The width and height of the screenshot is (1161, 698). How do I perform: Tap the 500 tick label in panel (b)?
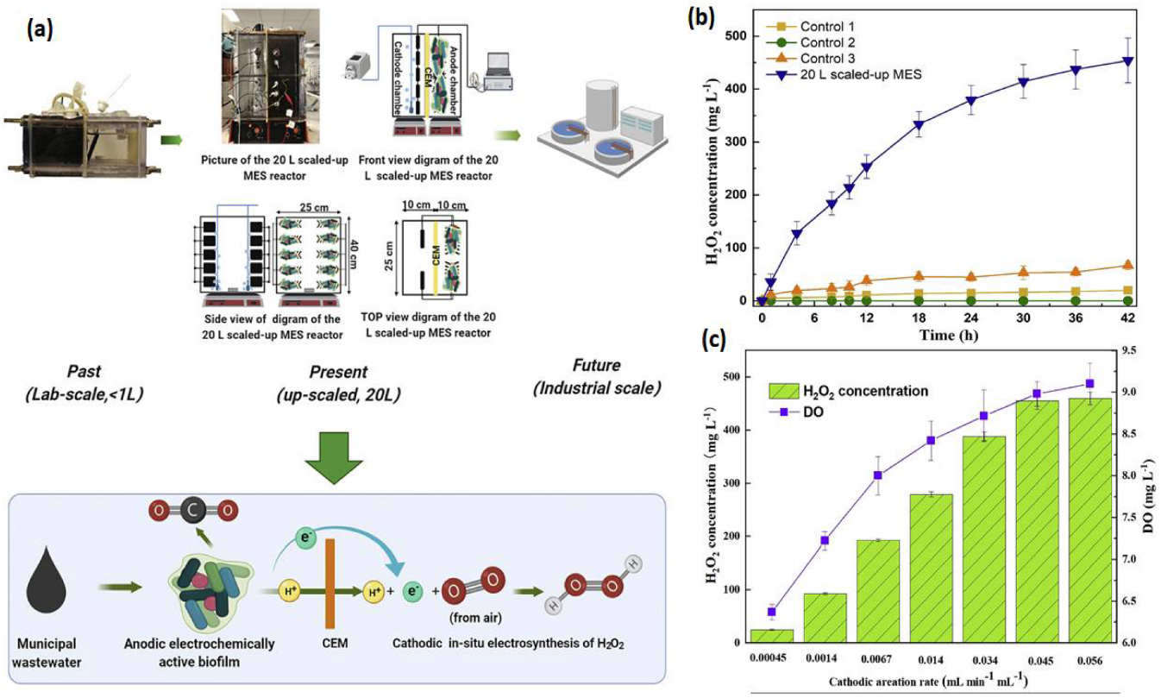[x=739, y=36]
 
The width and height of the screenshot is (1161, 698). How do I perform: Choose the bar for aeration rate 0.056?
[x=1089, y=519]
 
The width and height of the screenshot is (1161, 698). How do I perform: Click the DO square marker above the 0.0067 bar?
[x=878, y=475]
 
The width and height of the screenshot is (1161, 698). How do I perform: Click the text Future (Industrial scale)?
[x=596, y=377]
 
